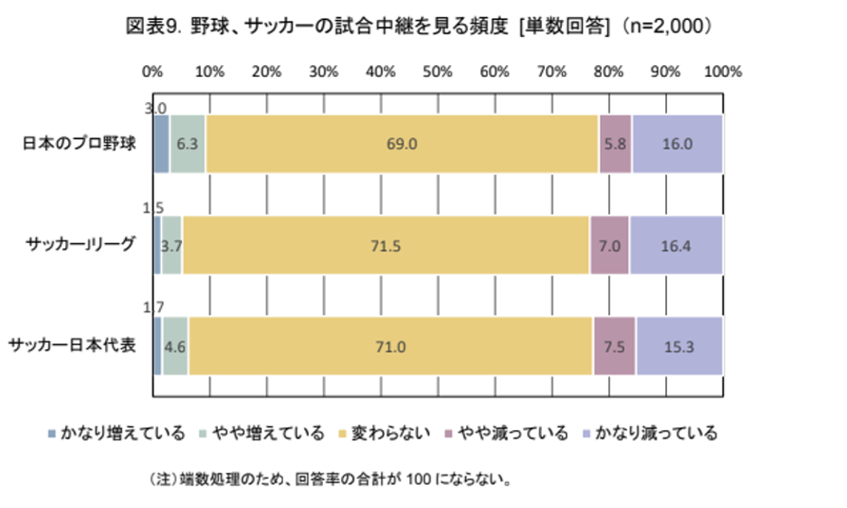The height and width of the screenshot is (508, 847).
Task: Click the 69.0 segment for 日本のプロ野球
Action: click(x=401, y=144)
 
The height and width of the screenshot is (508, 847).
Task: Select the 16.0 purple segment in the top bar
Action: click(x=677, y=144)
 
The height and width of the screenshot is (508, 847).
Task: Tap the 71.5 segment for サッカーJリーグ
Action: click(x=386, y=245)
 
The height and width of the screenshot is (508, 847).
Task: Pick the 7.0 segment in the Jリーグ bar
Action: click(x=610, y=245)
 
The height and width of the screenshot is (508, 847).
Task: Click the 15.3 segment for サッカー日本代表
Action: click(x=680, y=345)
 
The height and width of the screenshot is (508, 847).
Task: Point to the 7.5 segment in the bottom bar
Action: click(x=614, y=345)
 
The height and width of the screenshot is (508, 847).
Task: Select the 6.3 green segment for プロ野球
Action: click(x=187, y=144)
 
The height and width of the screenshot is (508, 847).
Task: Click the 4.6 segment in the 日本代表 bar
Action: click(x=175, y=345)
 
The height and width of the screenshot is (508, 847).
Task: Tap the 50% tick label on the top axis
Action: click(x=437, y=71)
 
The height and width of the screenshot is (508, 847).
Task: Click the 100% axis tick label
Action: click(x=722, y=71)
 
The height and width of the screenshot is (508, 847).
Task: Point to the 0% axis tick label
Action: click(x=153, y=71)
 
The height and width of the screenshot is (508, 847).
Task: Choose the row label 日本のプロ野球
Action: click(x=79, y=144)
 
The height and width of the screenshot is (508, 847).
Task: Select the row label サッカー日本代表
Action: click(x=72, y=345)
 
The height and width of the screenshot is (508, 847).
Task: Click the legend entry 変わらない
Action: click(x=388, y=434)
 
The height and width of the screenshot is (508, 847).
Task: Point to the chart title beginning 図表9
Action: click(x=423, y=26)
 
